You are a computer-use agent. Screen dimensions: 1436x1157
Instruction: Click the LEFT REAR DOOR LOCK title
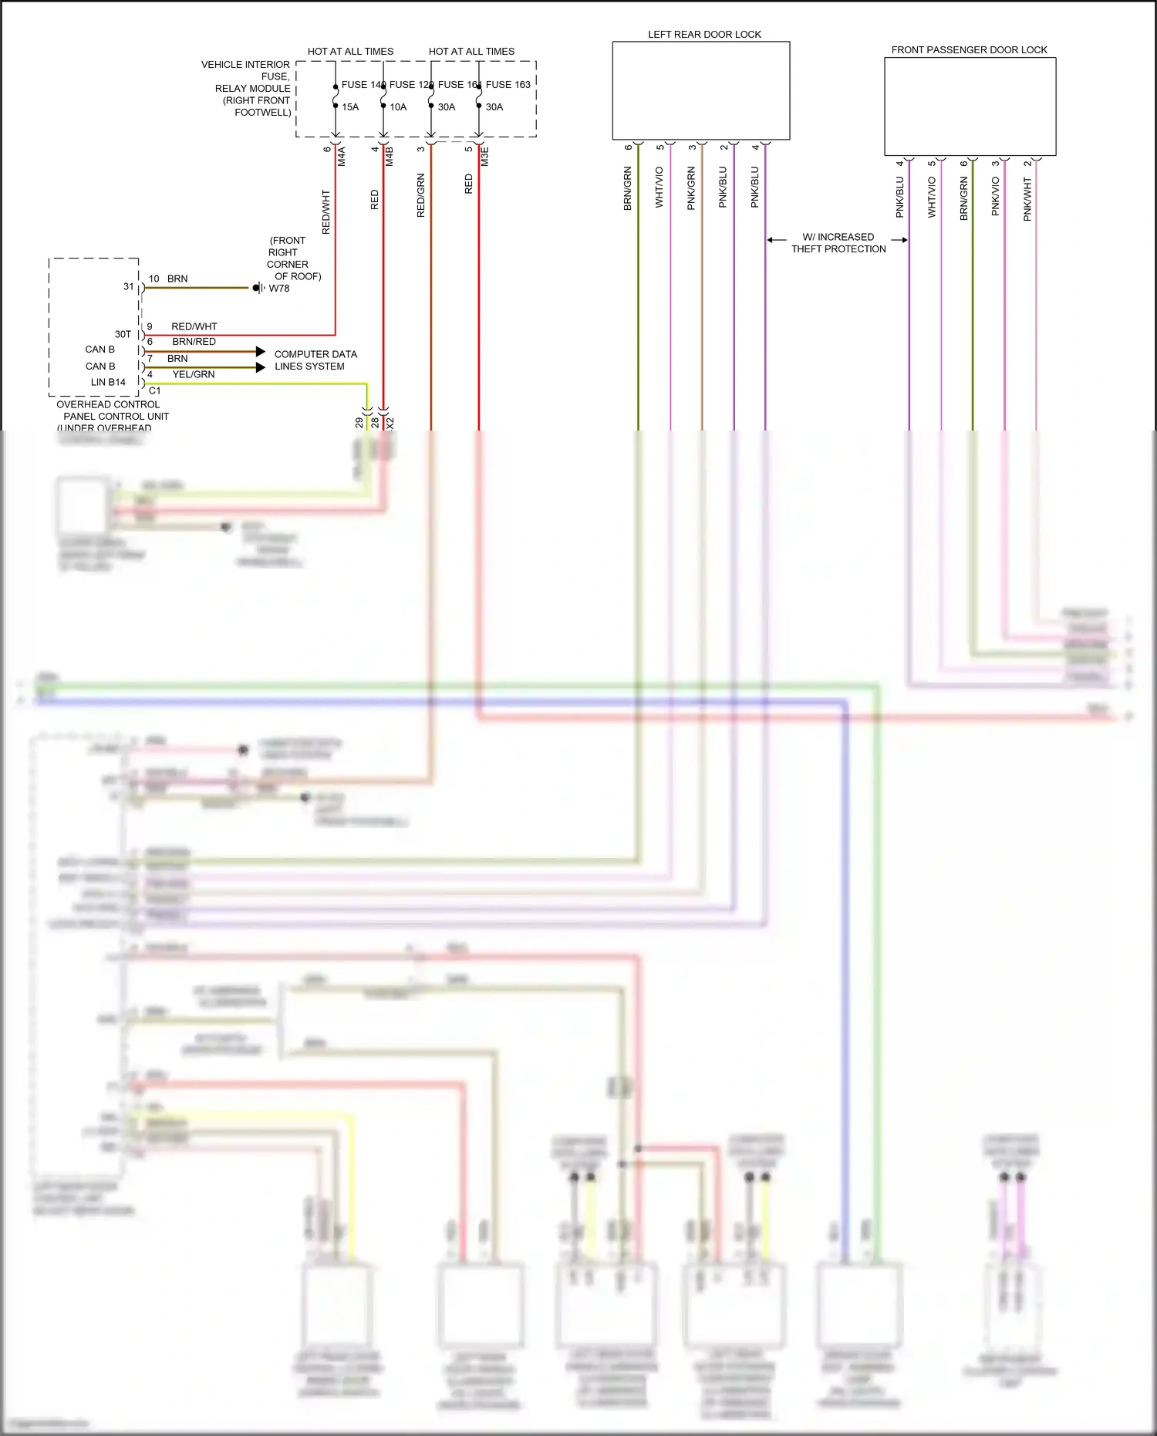[x=704, y=35]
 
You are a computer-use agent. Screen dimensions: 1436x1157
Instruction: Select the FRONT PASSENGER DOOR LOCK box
[x=970, y=106]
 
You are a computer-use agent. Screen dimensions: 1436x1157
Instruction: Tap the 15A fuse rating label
[x=350, y=107]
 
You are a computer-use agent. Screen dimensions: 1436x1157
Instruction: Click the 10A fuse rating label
[x=398, y=107]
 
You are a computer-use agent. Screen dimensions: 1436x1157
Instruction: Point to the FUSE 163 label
[x=508, y=85]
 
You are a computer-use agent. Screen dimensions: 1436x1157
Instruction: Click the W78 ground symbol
[x=259, y=288]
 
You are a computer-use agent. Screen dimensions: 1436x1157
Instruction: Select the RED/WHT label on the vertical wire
[x=326, y=212]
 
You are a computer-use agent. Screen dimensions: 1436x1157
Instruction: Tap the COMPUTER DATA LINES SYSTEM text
[x=315, y=360]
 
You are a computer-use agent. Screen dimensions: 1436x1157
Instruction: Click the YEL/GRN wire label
[x=194, y=374]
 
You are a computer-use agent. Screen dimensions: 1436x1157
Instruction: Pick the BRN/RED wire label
[x=194, y=342]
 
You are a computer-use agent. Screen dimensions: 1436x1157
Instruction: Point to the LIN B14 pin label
[x=108, y=382]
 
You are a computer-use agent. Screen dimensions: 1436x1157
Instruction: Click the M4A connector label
[x=342, y=157]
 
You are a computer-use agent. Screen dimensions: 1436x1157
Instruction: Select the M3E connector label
[x=485, y=157]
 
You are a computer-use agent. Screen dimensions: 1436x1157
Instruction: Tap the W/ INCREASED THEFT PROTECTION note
[x=838, y=243]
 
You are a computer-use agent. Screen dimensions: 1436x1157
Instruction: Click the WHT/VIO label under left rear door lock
[x=659, y=187]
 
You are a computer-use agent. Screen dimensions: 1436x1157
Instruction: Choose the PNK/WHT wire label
[x=1027, y=199]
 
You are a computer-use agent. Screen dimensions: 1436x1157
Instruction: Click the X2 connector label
[x=390, y=424]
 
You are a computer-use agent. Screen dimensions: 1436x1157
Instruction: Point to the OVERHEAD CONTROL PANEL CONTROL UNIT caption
[x=112, y=411]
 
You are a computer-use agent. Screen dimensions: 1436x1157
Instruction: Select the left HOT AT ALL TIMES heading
[x=350, y=52]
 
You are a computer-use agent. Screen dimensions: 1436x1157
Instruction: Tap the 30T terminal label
[x=123, y=334]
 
